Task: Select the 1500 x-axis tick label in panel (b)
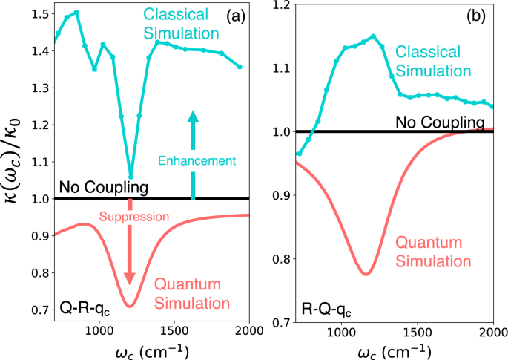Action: tap(418, 331)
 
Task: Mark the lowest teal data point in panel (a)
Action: tap(131, 177)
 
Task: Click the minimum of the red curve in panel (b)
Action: tap(366, 274)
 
